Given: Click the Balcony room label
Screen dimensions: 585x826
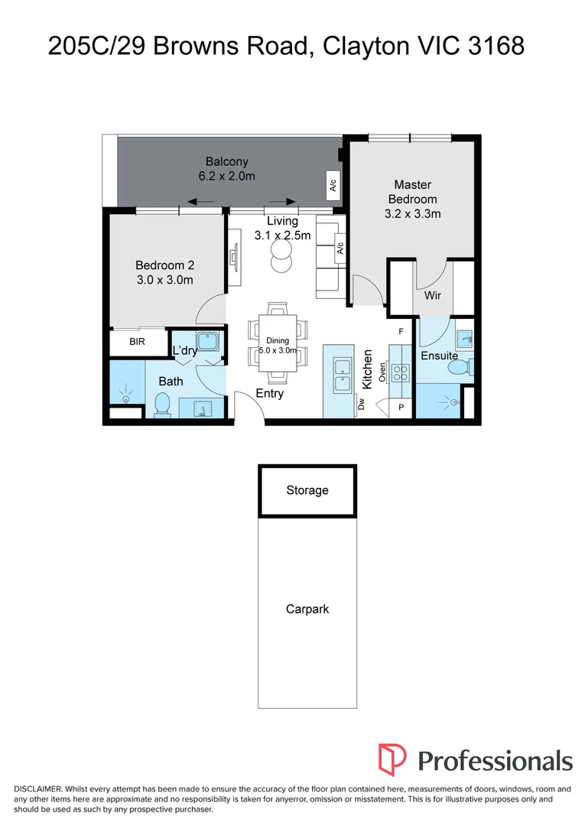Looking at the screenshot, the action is [227, 161].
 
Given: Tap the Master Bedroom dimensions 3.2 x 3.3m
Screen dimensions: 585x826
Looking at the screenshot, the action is [413, 214].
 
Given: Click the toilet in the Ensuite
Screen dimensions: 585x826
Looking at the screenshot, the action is [462, 366].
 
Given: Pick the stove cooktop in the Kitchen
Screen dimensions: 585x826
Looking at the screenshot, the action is [400, 373].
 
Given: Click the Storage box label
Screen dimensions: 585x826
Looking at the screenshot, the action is [307, 490].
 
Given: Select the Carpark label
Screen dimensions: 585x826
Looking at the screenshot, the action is [307, 609].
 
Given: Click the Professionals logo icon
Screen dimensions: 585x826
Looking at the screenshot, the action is [392, 759].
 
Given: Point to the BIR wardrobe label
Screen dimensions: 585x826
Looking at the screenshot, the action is [137, 342].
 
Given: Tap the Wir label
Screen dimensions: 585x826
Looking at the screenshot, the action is [433, 295].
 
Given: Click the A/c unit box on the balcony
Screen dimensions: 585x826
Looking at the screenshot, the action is [333, 185].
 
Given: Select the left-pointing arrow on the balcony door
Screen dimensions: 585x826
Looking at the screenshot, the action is [200, 201].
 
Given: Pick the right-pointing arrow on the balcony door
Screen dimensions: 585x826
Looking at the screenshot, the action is [282, 201].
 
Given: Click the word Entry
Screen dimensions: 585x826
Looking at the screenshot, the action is [270, 394].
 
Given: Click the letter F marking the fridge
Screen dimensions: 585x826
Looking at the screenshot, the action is [401, 331].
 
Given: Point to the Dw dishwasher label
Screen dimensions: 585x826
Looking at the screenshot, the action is [361, 404].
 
